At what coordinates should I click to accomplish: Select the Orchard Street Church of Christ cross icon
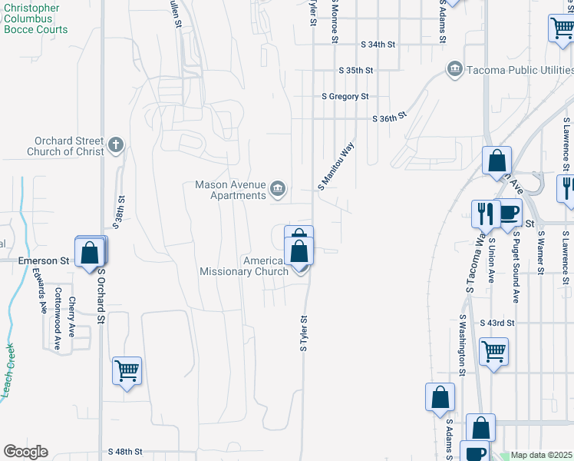[116, 144]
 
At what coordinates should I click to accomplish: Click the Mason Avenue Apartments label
[229, 190]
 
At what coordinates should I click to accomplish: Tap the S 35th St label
[356, 70]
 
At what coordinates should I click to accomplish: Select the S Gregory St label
[345, 96]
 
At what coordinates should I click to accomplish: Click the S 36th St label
[388, 119]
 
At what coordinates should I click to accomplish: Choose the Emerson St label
[38, 261]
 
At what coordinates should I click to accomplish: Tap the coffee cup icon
[508, 213]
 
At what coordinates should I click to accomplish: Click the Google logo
[25, 452]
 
